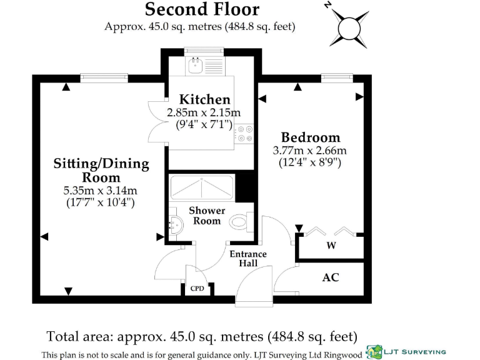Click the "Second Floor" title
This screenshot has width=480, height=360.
[x=201, y=9]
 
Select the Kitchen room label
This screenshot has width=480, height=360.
[x=204, y=99]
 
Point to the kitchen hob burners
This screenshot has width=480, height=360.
[x=244, y=134]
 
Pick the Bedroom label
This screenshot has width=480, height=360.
[x=310, y=137]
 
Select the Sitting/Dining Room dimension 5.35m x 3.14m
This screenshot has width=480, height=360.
[x=101, y=191]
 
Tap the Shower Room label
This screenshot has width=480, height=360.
[x=207, y=216]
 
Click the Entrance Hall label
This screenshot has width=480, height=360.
[x=248, y=259]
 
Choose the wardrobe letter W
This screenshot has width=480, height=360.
[x=331, y=246]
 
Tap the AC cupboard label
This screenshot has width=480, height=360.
[x=331, y=277]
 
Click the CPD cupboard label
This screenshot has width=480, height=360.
[x=196, y=289]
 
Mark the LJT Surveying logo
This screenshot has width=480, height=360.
[x=406, y=351]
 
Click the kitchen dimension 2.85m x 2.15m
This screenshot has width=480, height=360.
[x=204, y=112]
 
